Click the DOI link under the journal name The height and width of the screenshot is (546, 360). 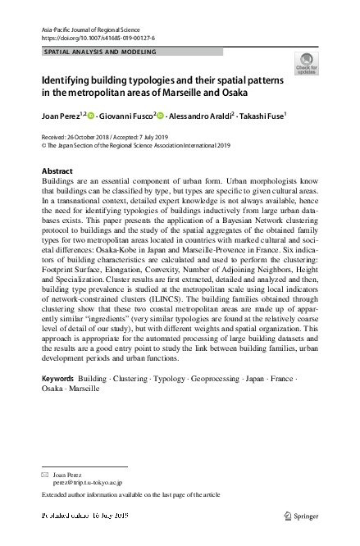(x=98, y=39)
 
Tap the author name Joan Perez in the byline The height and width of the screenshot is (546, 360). (x=61, y=116)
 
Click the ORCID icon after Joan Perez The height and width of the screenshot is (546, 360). (x=92, y=116)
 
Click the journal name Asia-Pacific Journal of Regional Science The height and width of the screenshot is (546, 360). (x=96, y=30)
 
